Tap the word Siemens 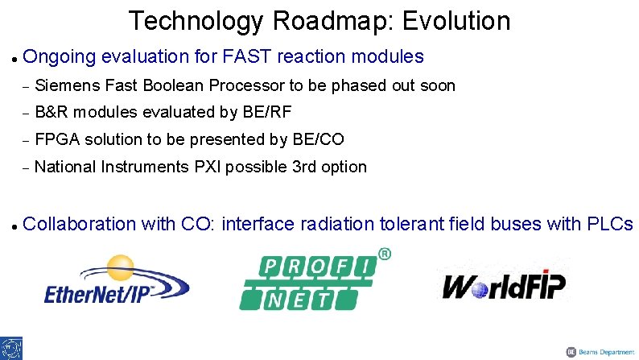65,85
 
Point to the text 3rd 296,168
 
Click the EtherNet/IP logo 116,282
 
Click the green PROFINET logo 310,282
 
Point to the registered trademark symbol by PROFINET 385,254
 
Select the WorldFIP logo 504,285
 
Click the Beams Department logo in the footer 599,352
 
